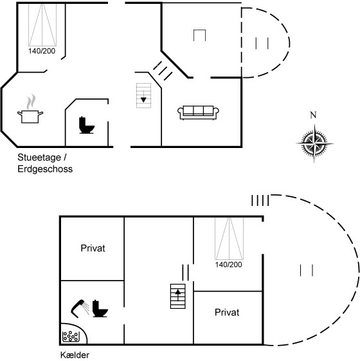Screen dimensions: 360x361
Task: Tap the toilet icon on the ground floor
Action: [x=87, y=125]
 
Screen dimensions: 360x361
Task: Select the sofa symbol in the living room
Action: [x=198, y=113]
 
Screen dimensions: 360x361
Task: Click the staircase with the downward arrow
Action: [x=144, y=95]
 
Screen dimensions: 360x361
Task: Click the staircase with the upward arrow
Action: [x=178, y=296]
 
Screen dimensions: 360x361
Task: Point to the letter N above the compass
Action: [x=313, y=115]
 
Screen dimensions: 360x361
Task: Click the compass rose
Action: [x=314, y=143]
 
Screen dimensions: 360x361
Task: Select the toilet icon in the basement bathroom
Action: [x=100, y=309]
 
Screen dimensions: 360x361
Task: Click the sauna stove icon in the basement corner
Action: [x=71, y=337]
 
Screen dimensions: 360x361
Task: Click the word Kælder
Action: [x=75, y=355]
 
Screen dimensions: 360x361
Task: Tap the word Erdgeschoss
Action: [x=45, y=169]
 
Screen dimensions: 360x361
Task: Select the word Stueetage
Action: [x=39, y=158]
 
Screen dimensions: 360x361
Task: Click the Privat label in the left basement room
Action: [x=93, y=248]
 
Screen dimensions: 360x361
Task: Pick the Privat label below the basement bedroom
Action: [x=227, y=313]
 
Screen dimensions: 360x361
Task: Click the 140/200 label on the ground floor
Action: [x=42, y=51]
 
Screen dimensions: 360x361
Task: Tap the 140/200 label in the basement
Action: [x=229, y=264]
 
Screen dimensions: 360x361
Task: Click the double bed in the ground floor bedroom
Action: [x=42, y=24]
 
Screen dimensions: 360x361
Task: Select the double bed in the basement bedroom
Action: [x=229, y=239]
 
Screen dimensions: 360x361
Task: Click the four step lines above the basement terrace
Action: [x=260, y=201]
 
